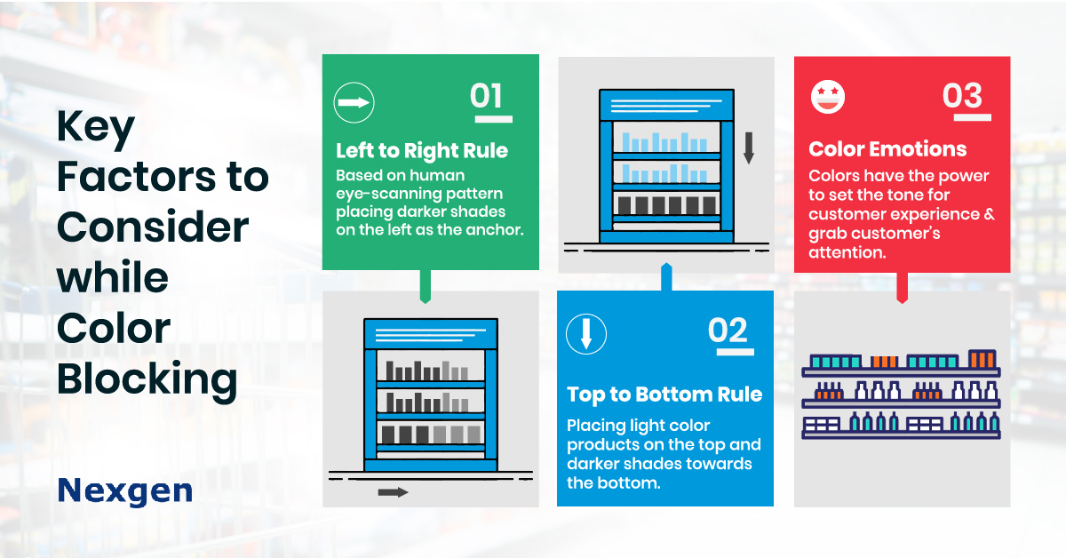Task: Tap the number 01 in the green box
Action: coord(486,96)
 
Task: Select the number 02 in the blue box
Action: coord(728,330)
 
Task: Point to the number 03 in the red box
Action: coord(962,95)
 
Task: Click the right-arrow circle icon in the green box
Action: coord(354,103)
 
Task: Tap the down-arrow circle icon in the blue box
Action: coord(586,334)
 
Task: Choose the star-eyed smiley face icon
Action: coord(828,97)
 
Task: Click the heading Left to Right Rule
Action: coord(422,151)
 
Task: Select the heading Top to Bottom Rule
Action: coord(664,395)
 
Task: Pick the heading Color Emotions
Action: coord(887,149)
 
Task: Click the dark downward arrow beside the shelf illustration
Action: coord(749,148)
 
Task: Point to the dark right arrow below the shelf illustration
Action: coord(393,492)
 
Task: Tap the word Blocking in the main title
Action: coord(147,379)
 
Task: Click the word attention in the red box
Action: coord(847,252)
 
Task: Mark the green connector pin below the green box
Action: coord(426,287)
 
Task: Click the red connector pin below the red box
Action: coord(903,288)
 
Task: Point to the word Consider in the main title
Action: coord(153,227)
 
